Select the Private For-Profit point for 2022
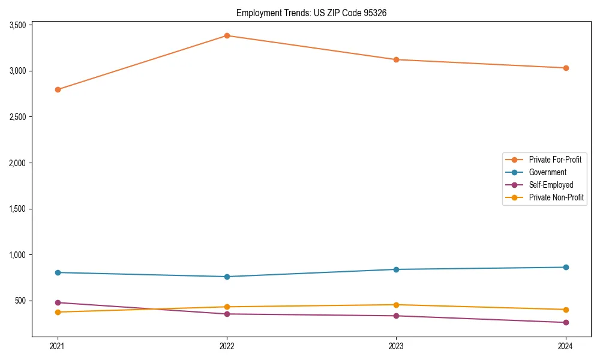pos(227,35)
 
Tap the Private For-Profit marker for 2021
pos(58,89)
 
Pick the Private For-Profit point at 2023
pos(396,59)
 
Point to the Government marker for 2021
pos(58,272)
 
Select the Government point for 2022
pos(227,277)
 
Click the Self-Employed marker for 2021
pos(58,302)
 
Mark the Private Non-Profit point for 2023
pos(396,305)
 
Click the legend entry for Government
pos(547,172)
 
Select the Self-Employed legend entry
pos(551,185)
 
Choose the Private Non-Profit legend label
pos(556,197)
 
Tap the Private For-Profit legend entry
pos(555,160)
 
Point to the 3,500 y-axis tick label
pos(17,25)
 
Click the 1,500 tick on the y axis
pos(17,209)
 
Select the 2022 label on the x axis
pos(227,346)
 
